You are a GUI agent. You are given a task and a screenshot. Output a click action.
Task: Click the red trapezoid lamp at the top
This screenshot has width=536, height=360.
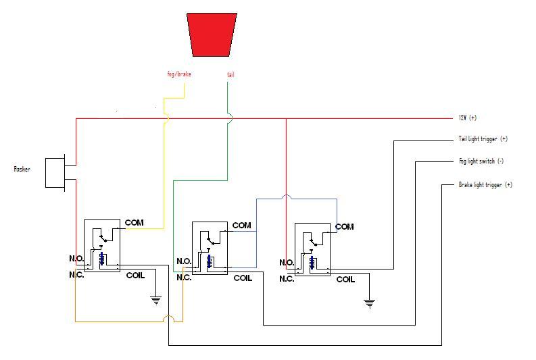click(x=212, y=34)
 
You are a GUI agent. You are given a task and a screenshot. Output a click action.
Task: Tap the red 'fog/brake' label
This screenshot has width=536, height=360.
click(x=179, y=74)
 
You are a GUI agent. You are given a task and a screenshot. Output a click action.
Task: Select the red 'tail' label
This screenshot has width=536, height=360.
click(x=230, y=74)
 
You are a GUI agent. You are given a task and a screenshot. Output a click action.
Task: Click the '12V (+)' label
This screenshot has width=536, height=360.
click(x=468, y=118)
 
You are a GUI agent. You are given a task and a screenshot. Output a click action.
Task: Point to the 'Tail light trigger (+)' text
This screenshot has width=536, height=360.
click(x=483, y=138)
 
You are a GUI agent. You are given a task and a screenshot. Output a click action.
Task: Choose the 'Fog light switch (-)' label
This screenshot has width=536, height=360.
click(x=481, y=161)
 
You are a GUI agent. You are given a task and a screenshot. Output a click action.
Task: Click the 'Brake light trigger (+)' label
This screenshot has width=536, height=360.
click(x=485, y=185)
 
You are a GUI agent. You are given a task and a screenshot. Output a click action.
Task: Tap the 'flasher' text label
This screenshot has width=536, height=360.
click(x=22, y=169)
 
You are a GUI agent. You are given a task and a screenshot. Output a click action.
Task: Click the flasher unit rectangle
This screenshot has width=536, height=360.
click(x=55, y=173)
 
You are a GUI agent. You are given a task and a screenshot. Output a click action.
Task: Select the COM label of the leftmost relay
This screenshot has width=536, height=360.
click(x=135, y=223)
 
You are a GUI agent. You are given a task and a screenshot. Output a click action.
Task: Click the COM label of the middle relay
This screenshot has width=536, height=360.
click(x=242, y=226)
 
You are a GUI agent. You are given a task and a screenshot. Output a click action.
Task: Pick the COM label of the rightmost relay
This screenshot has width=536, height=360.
click(x=345, y=227)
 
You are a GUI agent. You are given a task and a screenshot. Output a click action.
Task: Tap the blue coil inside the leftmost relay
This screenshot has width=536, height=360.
click(x=102, y=259)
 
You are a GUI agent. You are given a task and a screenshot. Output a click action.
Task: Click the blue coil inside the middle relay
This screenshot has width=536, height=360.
click(x=210, y=261)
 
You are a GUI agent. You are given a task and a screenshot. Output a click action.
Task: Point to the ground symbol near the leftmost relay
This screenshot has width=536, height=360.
click(x=156, y=301)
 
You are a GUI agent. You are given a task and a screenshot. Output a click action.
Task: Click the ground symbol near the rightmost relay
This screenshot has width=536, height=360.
click(x=370, y=304)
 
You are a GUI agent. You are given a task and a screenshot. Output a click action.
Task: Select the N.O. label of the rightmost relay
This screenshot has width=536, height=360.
click(x=287, y=262)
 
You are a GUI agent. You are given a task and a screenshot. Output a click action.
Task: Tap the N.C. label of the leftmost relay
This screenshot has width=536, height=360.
click(x=76, y=275)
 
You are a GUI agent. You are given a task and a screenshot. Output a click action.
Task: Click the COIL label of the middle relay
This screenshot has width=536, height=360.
click(x=243, y=278)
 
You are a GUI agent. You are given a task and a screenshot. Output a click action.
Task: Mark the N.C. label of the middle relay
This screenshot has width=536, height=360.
click(x=184, y=278)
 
